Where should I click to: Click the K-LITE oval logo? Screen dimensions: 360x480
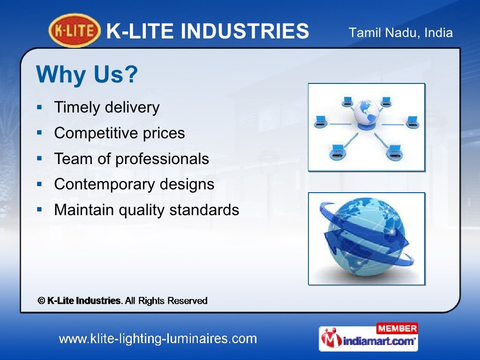click(75, 31)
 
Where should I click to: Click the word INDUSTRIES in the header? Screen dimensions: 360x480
click(245, 32)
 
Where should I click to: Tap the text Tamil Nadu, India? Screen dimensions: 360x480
click(401, 33)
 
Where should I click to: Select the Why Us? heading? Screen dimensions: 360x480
click(87, 74)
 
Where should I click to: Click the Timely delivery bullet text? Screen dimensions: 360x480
click(107, 108)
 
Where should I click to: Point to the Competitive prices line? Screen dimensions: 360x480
click(120, 133)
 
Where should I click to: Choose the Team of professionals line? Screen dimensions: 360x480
click(131, 158)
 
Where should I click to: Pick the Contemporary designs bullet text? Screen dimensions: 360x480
click(134, 184)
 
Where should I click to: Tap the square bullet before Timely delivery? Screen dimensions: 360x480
click(40, 107)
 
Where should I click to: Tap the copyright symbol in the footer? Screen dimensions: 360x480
click(41, 301)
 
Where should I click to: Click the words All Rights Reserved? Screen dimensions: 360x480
click(166, 301)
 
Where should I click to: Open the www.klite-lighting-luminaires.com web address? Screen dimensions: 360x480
click(157, 338)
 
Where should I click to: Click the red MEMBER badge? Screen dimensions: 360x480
click(397, 328)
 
